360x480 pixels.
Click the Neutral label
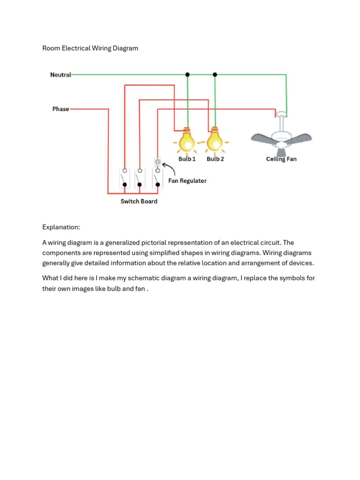click(60, 75)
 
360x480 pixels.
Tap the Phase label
click(60, 109)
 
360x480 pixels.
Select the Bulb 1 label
click(187, 159)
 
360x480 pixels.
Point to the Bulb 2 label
click(215, 159)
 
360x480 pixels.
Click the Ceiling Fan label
click(281, 159)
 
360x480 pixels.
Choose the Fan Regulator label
click(187, 180)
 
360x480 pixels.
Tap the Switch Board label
click(139, 201)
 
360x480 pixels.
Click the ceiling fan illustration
click(281, 136)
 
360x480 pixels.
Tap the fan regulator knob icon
click(157, 162)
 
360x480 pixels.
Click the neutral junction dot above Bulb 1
click(187, 75)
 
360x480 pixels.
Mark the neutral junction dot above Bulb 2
click(215, 75)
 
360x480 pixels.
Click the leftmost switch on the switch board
click(124, 178)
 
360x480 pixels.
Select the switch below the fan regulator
click(157, 178)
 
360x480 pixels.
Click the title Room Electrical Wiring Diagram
click(90, 48)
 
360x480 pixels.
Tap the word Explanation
click(61, 227)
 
